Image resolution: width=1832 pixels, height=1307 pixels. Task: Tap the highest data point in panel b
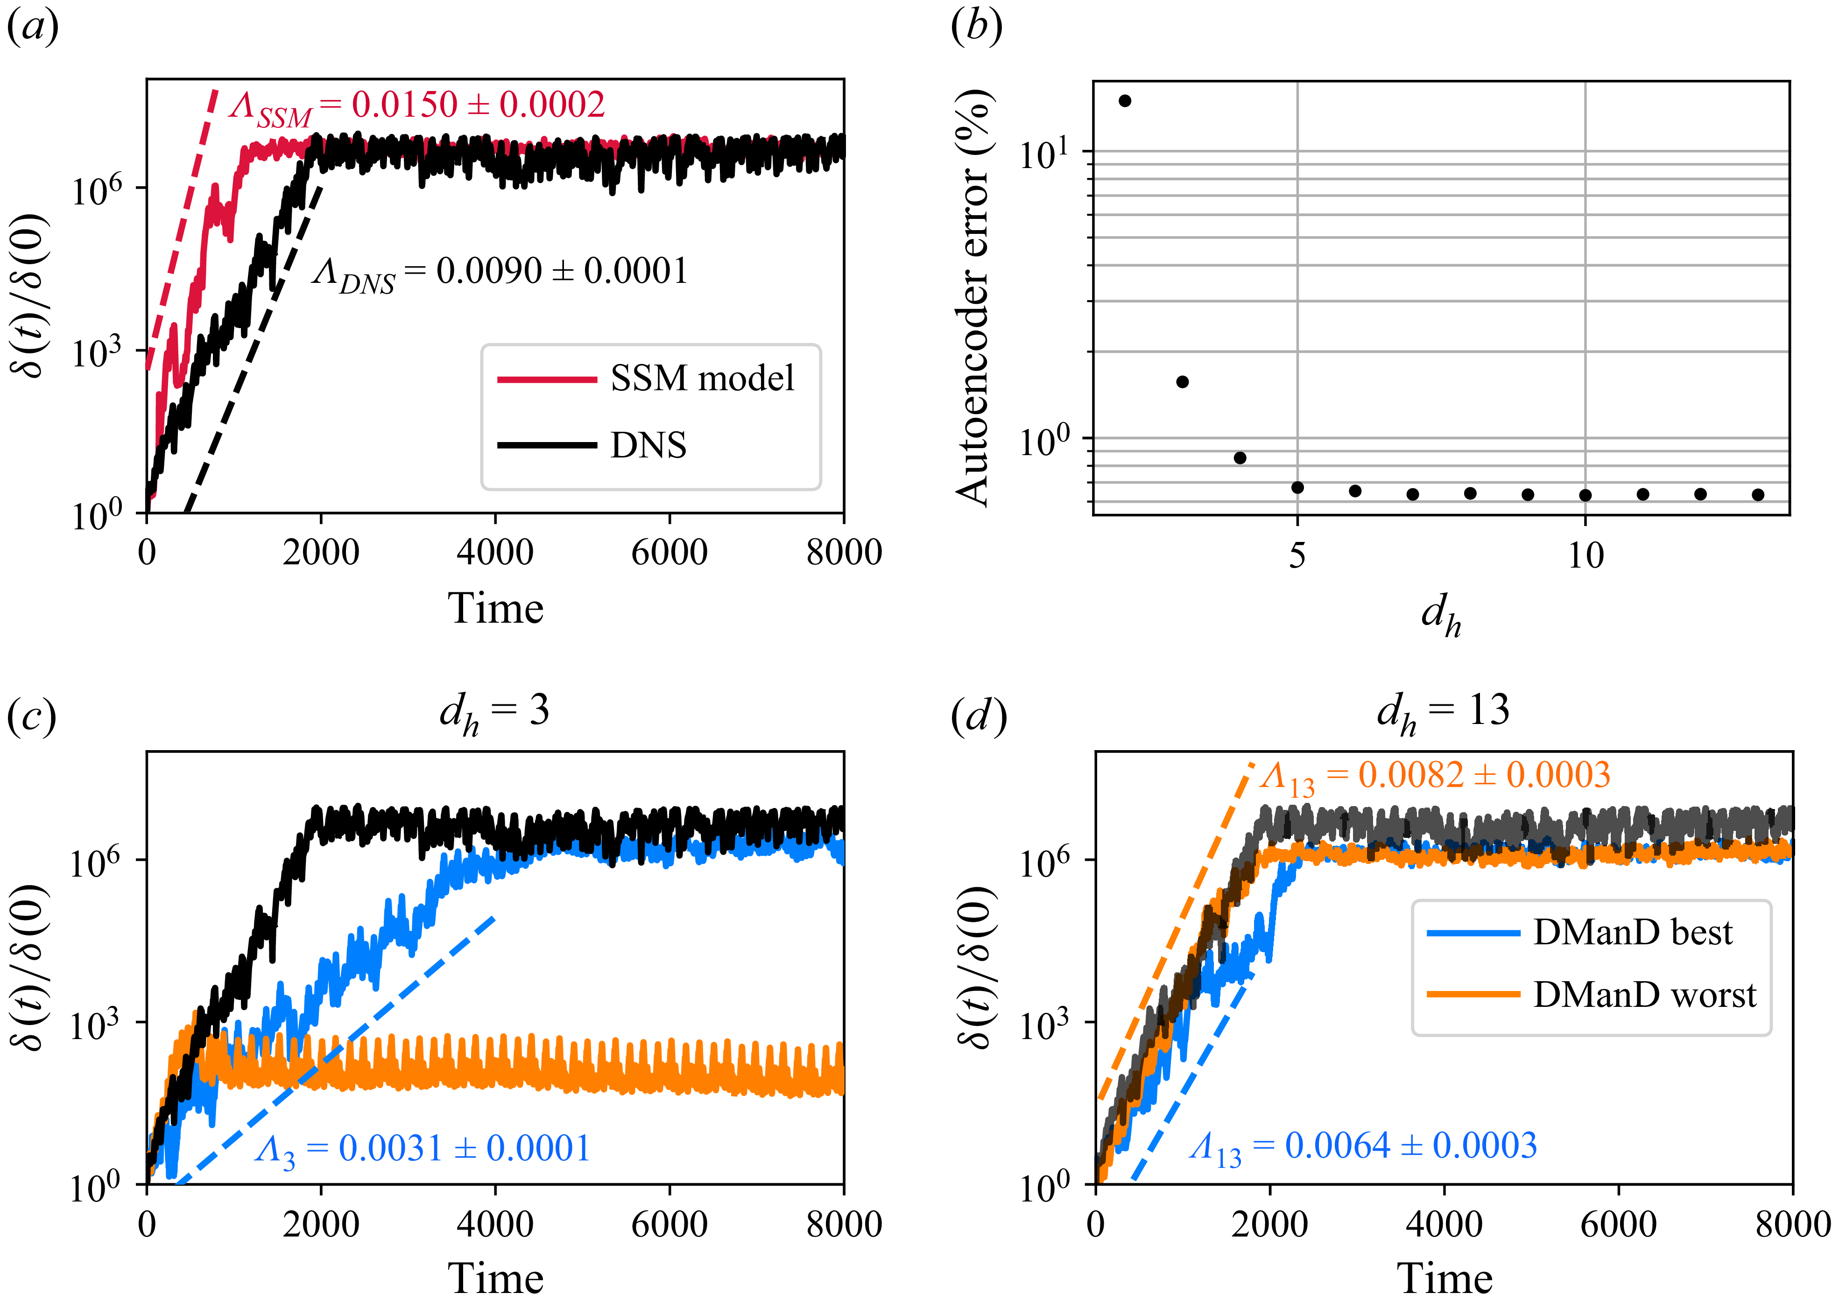coord(1125,101)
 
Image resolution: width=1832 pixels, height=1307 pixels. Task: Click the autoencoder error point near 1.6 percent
coord(1182,381)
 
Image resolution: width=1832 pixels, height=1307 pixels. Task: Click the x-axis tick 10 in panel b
coord(1585,555)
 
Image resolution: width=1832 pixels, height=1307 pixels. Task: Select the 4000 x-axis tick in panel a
coord(494,553)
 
